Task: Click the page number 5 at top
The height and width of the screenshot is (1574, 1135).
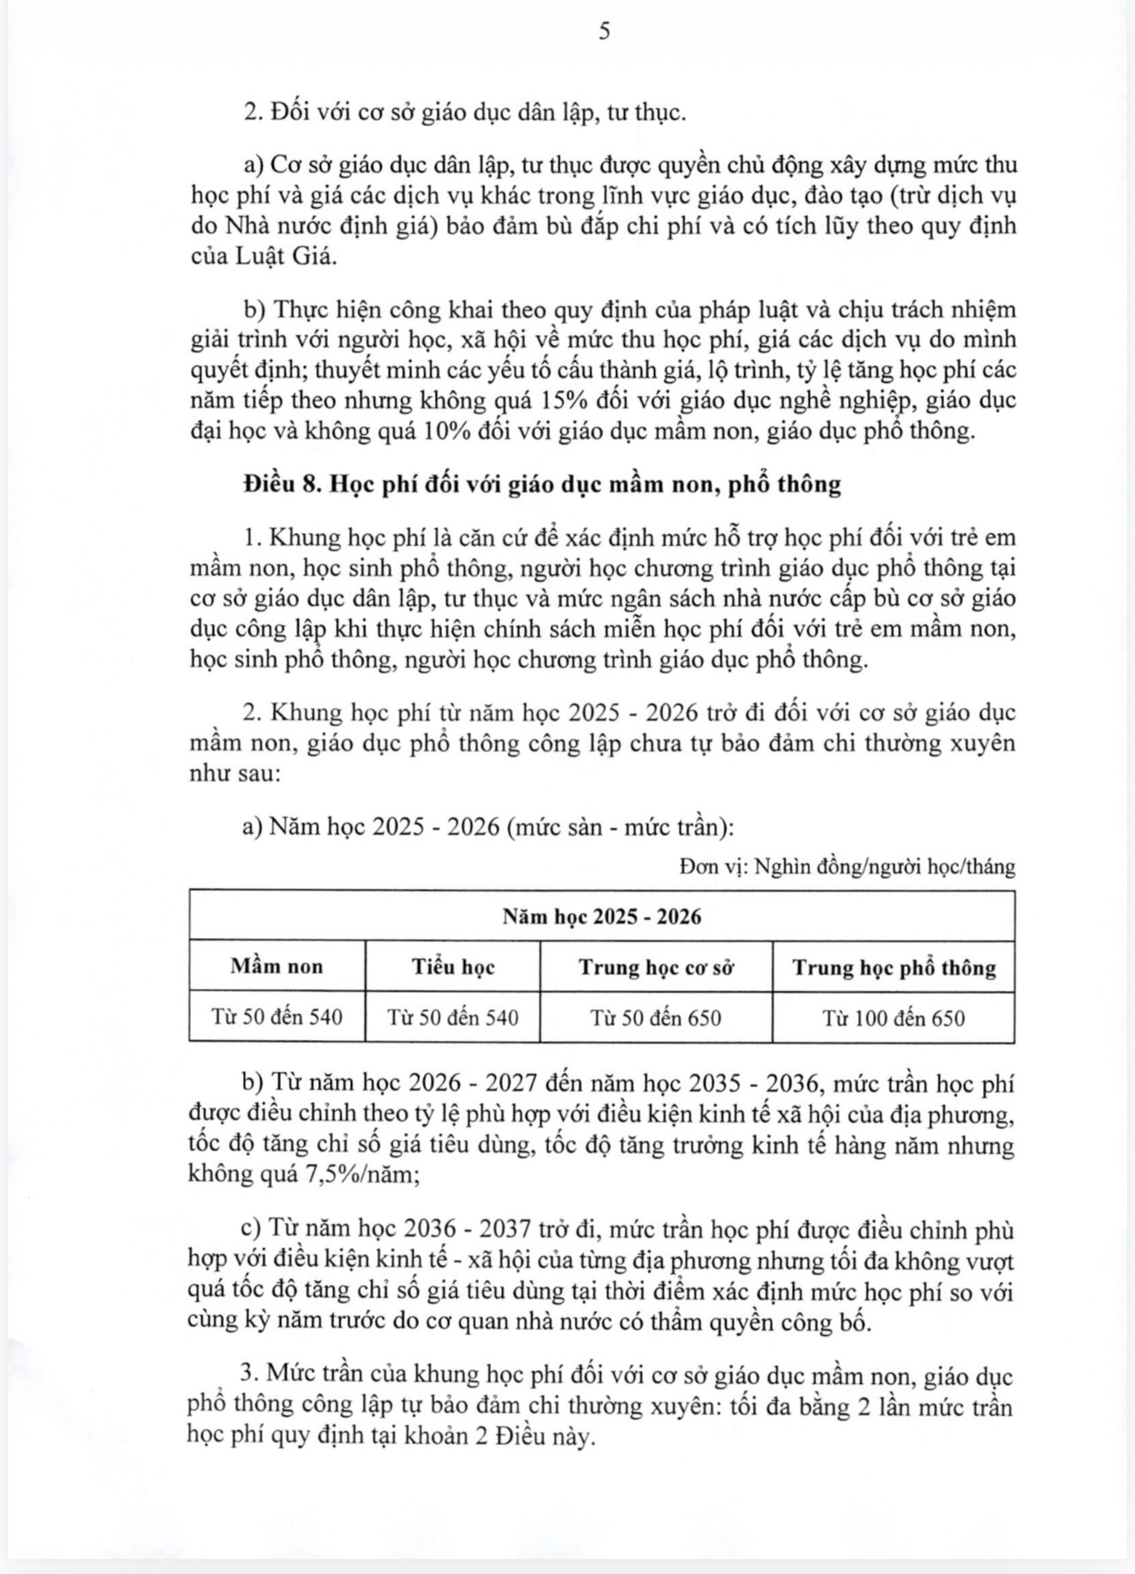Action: pos(604,33)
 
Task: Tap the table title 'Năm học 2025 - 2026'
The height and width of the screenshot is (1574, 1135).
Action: pos(602,916)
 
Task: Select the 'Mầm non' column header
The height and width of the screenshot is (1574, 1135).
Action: pos(277,966)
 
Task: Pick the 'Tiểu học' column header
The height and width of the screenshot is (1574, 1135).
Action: pos(453,966)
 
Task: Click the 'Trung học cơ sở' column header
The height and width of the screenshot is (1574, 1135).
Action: pos(656,966)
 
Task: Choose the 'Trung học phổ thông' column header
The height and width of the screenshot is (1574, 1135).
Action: pos(894,966)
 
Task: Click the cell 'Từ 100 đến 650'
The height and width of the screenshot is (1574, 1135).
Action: pos(894,1017)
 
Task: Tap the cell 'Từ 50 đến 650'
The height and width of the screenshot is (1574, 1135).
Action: pos(656,1017)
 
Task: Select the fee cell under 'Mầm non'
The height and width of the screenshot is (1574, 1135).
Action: pos(277,1017)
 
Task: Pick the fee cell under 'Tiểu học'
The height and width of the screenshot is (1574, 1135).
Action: pos(453,1017)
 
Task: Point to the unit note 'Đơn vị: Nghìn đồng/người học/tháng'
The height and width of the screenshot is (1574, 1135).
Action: pos(847,866)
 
